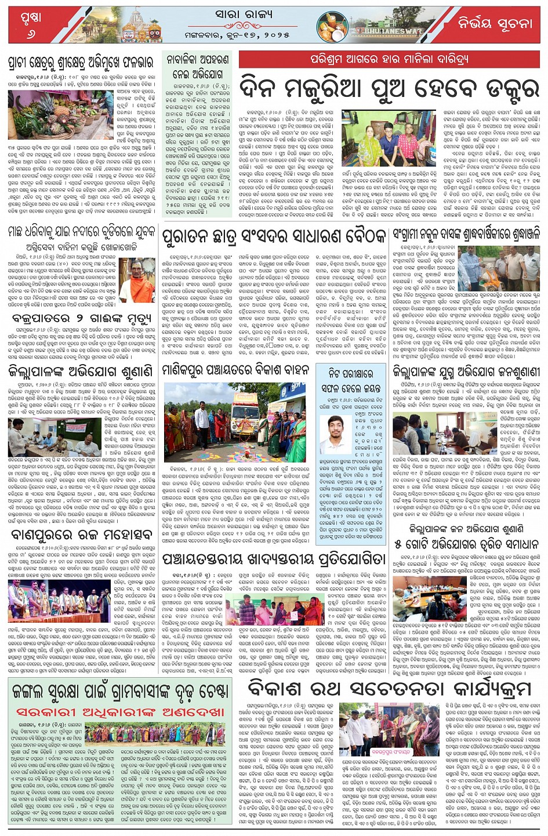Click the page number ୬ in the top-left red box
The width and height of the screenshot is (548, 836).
[x=30, y=34]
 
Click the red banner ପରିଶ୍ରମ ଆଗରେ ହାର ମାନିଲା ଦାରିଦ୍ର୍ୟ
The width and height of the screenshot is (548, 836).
[x=389, y=59]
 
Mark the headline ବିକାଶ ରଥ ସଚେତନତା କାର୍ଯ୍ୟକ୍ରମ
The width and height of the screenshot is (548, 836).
[x=389, y=689]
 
